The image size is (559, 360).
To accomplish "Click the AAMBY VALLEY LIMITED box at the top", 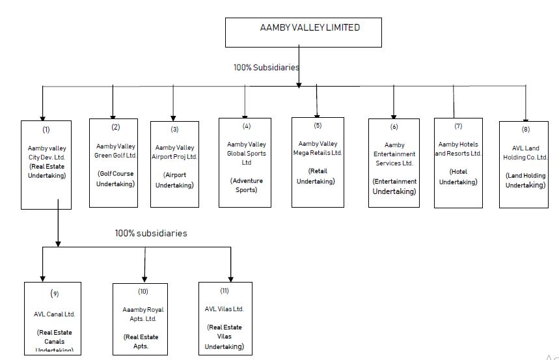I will coord(303,33).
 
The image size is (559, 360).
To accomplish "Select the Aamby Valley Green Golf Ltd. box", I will coord(113,163).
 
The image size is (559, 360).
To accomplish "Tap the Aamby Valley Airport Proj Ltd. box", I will coord(174,164).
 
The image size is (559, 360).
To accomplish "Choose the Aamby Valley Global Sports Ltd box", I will coord(245,163).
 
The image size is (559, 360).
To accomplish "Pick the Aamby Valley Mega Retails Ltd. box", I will coord(318,162).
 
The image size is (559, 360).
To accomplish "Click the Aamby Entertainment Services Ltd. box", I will coord(394,163).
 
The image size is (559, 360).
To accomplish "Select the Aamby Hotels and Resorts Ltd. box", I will coord(458,163).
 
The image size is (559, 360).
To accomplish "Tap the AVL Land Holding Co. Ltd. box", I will coord(525,164).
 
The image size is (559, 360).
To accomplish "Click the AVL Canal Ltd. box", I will coord(53,317).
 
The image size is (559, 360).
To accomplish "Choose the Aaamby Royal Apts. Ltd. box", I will coord(144,318).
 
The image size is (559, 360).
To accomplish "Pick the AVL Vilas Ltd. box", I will coord(225,318).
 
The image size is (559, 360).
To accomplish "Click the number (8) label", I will coord(525,129).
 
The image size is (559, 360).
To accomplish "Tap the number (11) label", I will coord(225,290).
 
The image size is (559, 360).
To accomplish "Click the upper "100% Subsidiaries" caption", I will coord(266,67).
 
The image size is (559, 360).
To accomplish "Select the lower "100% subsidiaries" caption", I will coord(151,233).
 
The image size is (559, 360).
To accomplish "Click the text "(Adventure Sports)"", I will coord(246,185).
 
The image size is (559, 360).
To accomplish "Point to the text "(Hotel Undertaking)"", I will coord(458,176).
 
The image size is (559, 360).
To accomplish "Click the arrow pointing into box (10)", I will coord(144,273).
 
